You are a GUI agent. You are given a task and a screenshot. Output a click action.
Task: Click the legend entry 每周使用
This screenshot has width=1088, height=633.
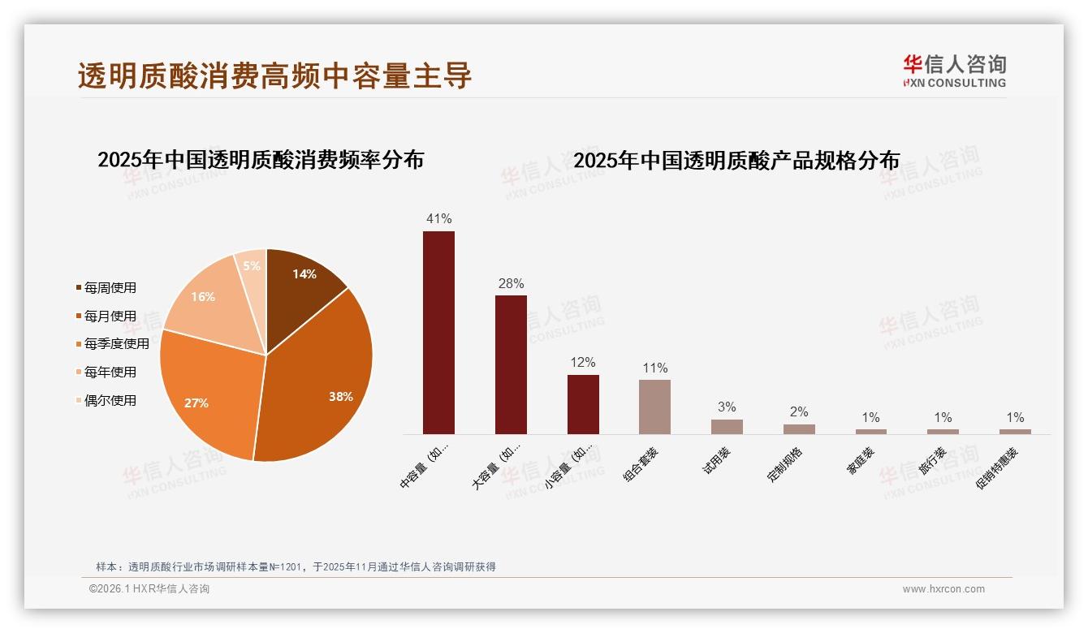(x=110, y=287)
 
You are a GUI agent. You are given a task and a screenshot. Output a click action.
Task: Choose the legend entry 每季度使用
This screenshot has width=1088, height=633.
(x=116, y=344)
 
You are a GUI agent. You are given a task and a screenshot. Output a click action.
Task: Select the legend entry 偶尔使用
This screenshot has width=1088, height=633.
(x=110, y=400)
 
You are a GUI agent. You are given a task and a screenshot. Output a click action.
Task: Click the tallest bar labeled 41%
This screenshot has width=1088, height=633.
(x=438, y=333)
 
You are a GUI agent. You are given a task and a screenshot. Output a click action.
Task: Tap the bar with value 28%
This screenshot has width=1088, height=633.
(x=511, y=364)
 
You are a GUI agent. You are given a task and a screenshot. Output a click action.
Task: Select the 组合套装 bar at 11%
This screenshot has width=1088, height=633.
(x=654, y=407)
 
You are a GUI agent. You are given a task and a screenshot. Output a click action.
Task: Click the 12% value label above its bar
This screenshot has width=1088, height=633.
(x=583, y=363)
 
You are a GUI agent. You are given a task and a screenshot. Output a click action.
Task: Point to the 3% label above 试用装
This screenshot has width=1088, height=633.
(x=727, y=407)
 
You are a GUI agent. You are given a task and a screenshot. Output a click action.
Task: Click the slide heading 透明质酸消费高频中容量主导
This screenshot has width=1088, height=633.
(x=274, y=75)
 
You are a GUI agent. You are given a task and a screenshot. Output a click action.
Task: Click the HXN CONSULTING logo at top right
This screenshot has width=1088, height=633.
(x=954, y=71)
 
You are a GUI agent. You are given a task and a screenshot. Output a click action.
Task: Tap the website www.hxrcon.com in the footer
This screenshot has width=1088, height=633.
(x=943, y=589)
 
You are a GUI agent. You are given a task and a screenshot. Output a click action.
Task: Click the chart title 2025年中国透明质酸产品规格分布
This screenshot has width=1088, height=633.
(x=736, y=161)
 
